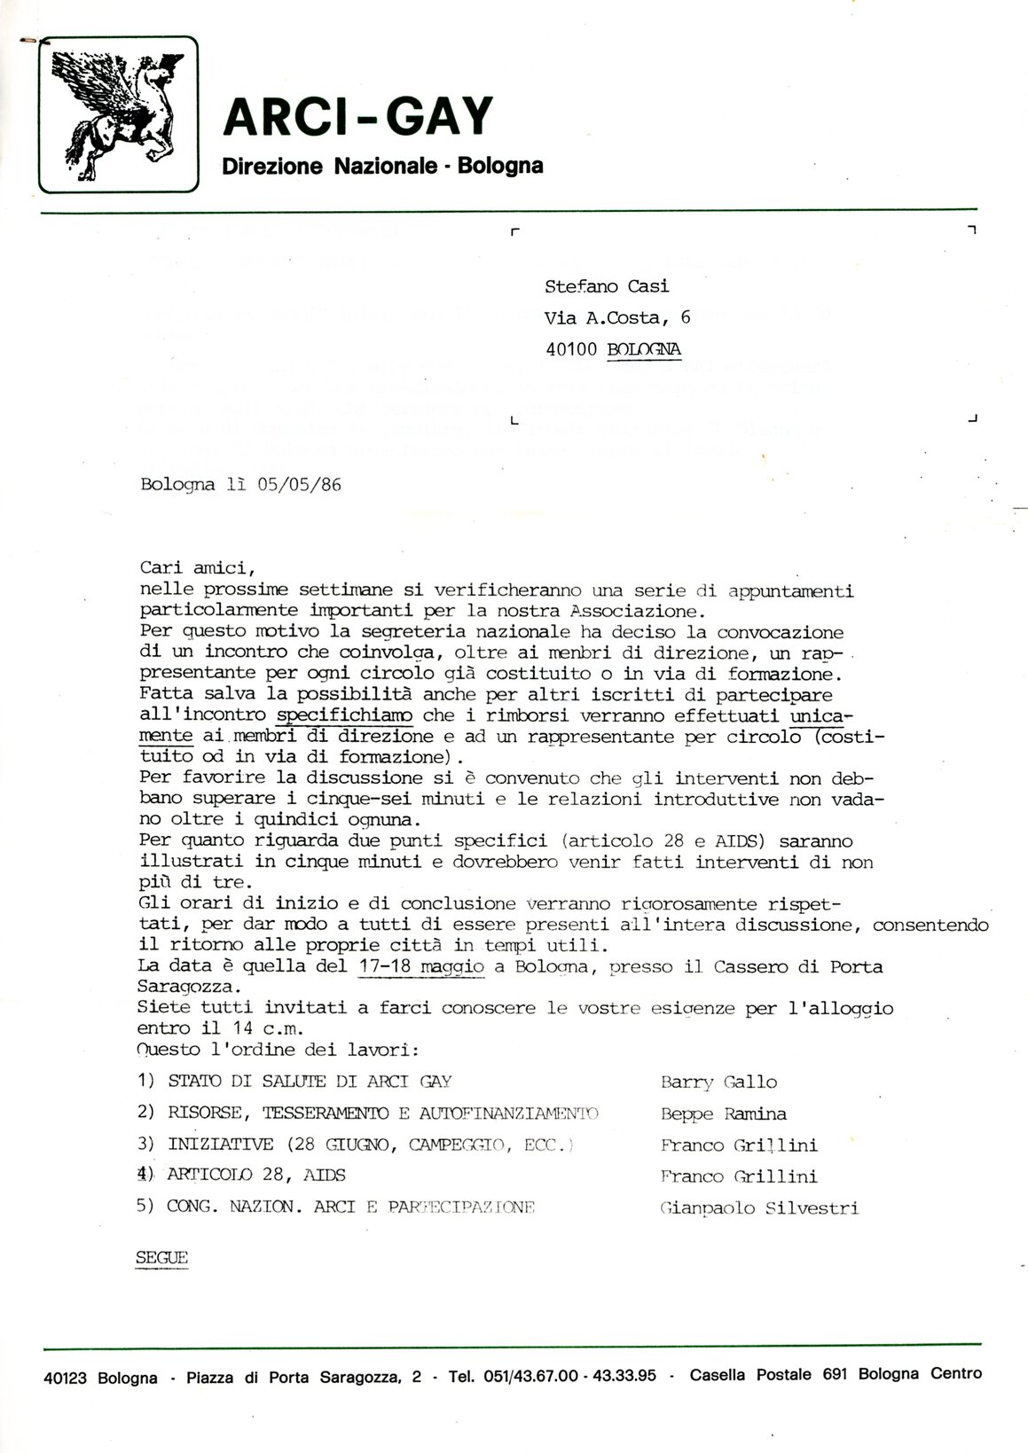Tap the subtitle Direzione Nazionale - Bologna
[x=382, y=166]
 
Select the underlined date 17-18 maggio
[x=422, y=966]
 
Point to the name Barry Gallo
[x=718, y=1082]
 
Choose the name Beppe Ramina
[x=723, y=1114]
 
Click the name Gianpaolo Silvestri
[x=759, y=1208]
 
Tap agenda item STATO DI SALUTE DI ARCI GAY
[x=310, y=1082]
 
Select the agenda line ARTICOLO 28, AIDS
[x=255, y=1176]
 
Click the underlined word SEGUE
[x=161, y=1258]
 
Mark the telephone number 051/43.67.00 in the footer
[x=529, y=1377]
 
